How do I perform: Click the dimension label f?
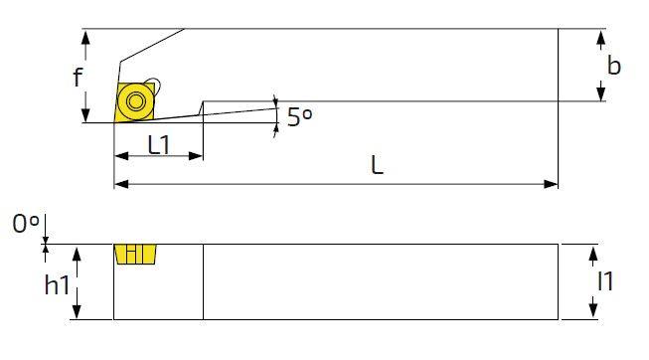[78, 77]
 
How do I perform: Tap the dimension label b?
[614, 66]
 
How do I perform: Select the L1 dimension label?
[159, 144]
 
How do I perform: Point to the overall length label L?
[377, 165]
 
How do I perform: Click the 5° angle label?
[300, 116]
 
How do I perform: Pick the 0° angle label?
[26, 224]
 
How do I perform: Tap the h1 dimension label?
[57, 285]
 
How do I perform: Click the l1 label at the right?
[605, 281]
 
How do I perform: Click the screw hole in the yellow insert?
[136, 101]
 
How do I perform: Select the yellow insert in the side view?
[135, 254]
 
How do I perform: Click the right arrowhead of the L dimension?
[551, 184]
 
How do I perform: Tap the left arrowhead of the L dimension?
[121, 184]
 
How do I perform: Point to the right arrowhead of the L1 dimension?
[196, 156]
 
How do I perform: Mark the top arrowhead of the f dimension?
[85, 37]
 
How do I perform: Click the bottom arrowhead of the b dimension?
[601, 93]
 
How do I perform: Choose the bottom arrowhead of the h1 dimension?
[77, 311]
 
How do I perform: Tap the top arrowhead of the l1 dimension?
[593, 252]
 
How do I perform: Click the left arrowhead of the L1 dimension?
[121, 156]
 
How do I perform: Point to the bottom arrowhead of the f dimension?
[85, 114]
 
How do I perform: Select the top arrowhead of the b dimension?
[601, 37]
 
